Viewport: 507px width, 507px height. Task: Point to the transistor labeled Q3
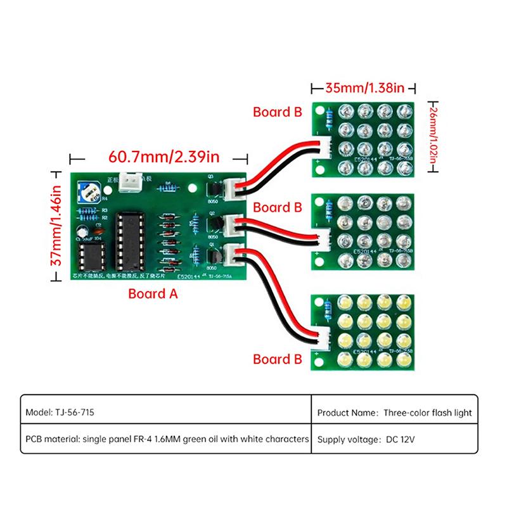point(214,188)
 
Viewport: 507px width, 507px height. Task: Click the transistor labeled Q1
point(214,255)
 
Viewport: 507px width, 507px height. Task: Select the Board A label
point(153,293)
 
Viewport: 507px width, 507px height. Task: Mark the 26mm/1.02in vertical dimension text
point(433,136)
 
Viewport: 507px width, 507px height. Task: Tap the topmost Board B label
point(277,112)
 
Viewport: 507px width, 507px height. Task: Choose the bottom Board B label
point(277,359)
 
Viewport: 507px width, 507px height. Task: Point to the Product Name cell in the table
point(394,412)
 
